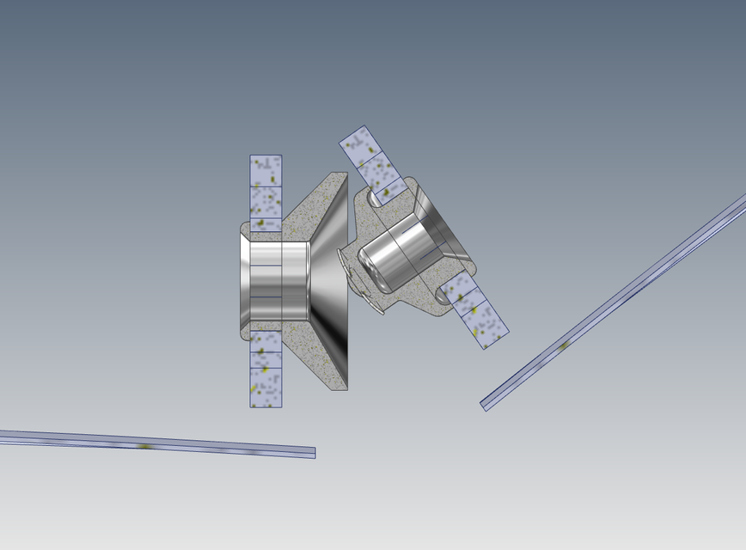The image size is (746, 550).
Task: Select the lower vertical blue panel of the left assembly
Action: point(266,370)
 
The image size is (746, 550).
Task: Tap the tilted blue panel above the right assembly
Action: point(373,165)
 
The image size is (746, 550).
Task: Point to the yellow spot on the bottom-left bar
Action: point(144,446)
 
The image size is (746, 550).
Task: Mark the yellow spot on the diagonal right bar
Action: point(564,345)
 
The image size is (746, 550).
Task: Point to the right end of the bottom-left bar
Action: point(312,452)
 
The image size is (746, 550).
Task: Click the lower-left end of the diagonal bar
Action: point(486,404)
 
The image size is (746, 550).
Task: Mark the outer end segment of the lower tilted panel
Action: point(490,331)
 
